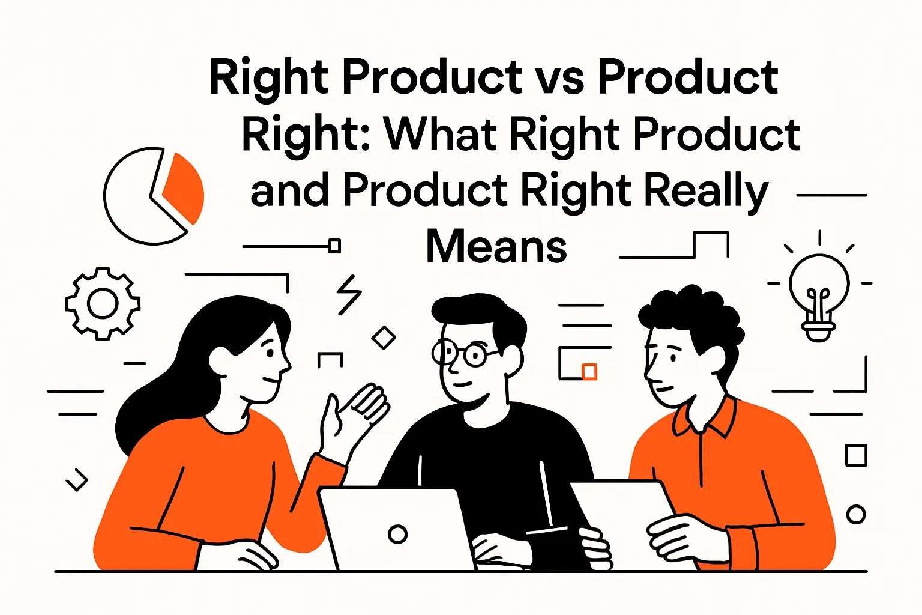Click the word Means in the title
click(496, 247)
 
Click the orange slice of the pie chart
click(184, 188)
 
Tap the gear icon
click(103, 304)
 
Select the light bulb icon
click(819, 294)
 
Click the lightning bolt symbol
click(349, 295)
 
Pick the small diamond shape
click(384, 338)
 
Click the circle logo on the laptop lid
click(397, 533)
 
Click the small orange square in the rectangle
click(589, 371)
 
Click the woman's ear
click(218, 360)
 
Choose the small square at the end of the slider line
click(335, 246)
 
